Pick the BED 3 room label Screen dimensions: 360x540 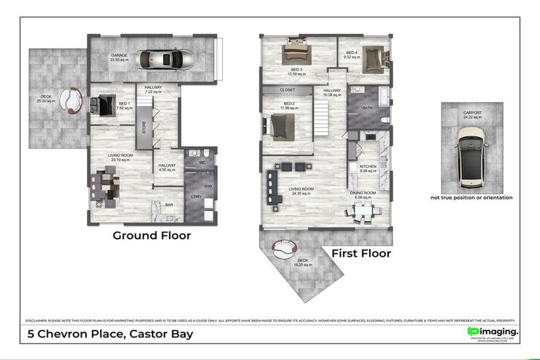tap(295, 70)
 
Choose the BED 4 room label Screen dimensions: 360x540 tap(352, 54)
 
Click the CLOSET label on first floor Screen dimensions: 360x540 tap(287, 91)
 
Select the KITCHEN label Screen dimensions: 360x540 tap(368, 167)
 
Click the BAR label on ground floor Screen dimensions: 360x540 tap(169, 205)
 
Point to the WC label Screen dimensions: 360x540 tap(202, 163)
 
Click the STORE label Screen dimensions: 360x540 tap(143, 128)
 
